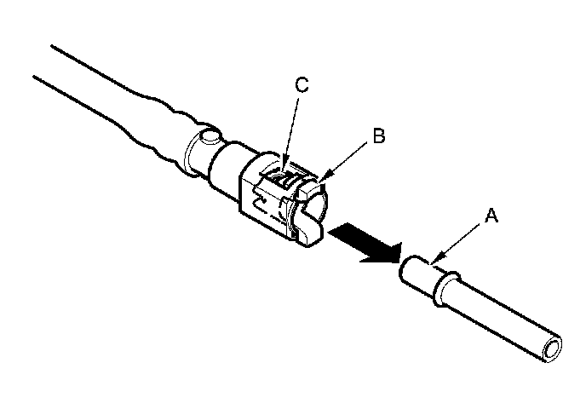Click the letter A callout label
[x=490, y=217]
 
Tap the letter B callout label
[x=379, y=134]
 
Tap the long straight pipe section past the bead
[x=503, y=315]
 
